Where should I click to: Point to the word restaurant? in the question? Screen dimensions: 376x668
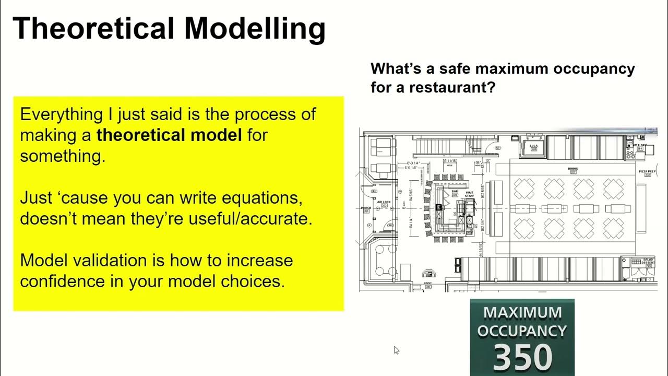click(x=451, y=87)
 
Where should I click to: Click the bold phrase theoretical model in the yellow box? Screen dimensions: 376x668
click(x=169, y=135)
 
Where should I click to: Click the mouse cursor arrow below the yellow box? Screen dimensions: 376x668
click(x=396, y=350)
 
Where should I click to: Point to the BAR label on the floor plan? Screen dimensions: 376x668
click(x=454, y=192)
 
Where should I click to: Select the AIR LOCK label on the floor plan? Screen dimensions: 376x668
click(x=384, y=202)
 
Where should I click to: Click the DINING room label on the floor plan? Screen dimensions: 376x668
click(x=572, y=169)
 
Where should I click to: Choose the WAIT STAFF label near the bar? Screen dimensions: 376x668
click(x=470, y=194)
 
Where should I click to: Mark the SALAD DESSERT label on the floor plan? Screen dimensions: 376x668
click(x=648, y=260)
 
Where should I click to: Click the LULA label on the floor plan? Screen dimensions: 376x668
click(x=533, y=146)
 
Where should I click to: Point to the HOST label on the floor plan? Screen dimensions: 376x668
click(x=428, y=284)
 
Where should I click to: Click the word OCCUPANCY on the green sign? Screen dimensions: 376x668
click(x=522, y=331)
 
